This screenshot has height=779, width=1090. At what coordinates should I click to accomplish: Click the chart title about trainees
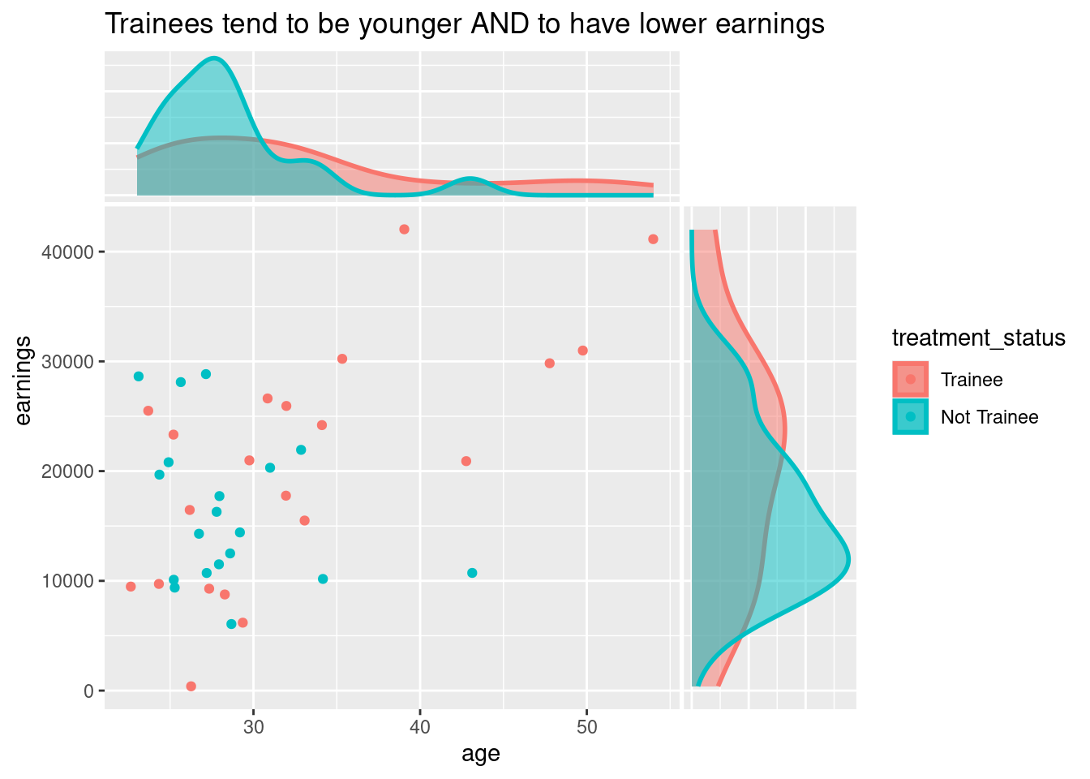pos(464,24)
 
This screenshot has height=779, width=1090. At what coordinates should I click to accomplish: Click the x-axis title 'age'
pos(480,754)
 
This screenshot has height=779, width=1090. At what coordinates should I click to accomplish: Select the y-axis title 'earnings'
pos(24,379)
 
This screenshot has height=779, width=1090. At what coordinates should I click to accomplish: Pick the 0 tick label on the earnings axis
pos(89,691)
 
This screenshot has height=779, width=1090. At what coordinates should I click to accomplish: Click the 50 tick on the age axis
pos(586,727)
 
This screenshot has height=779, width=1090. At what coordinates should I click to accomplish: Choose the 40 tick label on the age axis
pos(420,727)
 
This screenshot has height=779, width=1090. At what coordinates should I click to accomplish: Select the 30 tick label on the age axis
pos(253,727)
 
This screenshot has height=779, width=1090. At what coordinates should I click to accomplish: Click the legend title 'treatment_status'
pos(978,338)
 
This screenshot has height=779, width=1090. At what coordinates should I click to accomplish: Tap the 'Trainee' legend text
pos(972,380)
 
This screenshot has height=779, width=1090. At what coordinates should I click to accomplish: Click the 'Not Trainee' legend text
pos(989,417)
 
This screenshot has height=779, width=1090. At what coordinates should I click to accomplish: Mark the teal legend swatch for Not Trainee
pos(911,417)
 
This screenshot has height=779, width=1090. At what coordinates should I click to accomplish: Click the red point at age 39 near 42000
pos(404,230)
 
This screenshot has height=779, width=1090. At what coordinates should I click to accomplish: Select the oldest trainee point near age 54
pos(653,239)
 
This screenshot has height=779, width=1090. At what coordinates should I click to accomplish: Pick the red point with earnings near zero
pos(191,686)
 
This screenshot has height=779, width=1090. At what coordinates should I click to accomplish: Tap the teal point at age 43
pos(472,573)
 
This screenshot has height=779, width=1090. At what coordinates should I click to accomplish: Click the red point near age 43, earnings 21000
pos(466,461)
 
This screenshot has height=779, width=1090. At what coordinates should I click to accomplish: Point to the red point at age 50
pos(582,351)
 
